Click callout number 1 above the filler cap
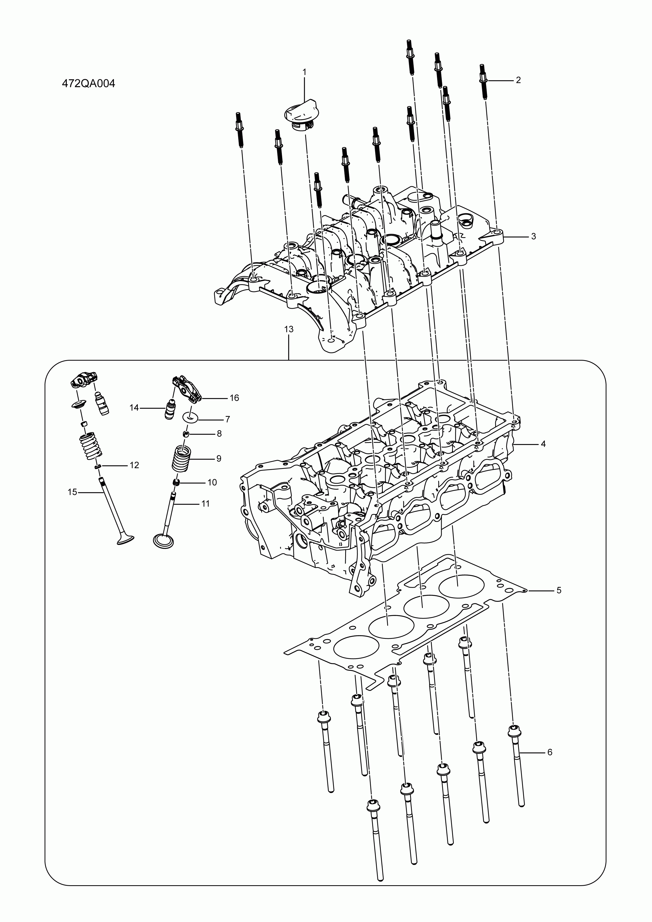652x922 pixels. [304, 72]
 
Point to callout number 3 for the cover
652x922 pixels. [533, 236]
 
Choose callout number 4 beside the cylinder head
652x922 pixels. [543, 444]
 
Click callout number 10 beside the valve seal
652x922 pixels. [212, 482]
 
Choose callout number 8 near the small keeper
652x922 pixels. [219, 434]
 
